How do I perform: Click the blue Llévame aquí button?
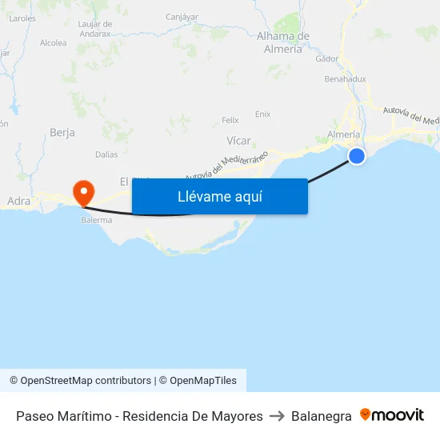pos(219,196)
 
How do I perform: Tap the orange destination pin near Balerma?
pos(83,193)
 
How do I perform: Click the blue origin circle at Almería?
pos(357,156)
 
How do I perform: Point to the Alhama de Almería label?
pos(283,42)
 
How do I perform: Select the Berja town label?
pos(62,132)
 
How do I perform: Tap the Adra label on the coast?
pos(18,202)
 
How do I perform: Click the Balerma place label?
pos(96,219)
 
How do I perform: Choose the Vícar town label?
pos(238,141)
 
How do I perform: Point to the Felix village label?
pos(230,121)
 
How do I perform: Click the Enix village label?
pos(262,114)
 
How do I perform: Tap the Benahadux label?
pos(346,79)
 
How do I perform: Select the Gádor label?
pos(326,58)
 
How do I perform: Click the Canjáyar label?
pos(182,16)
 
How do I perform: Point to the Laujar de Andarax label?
pos(95,29)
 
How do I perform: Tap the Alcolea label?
pos(53,43)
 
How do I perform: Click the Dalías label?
pos(106,154)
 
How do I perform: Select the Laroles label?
pos(22,18)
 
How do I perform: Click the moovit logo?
pos(392,415)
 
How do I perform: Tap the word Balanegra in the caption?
pos(322,416)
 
